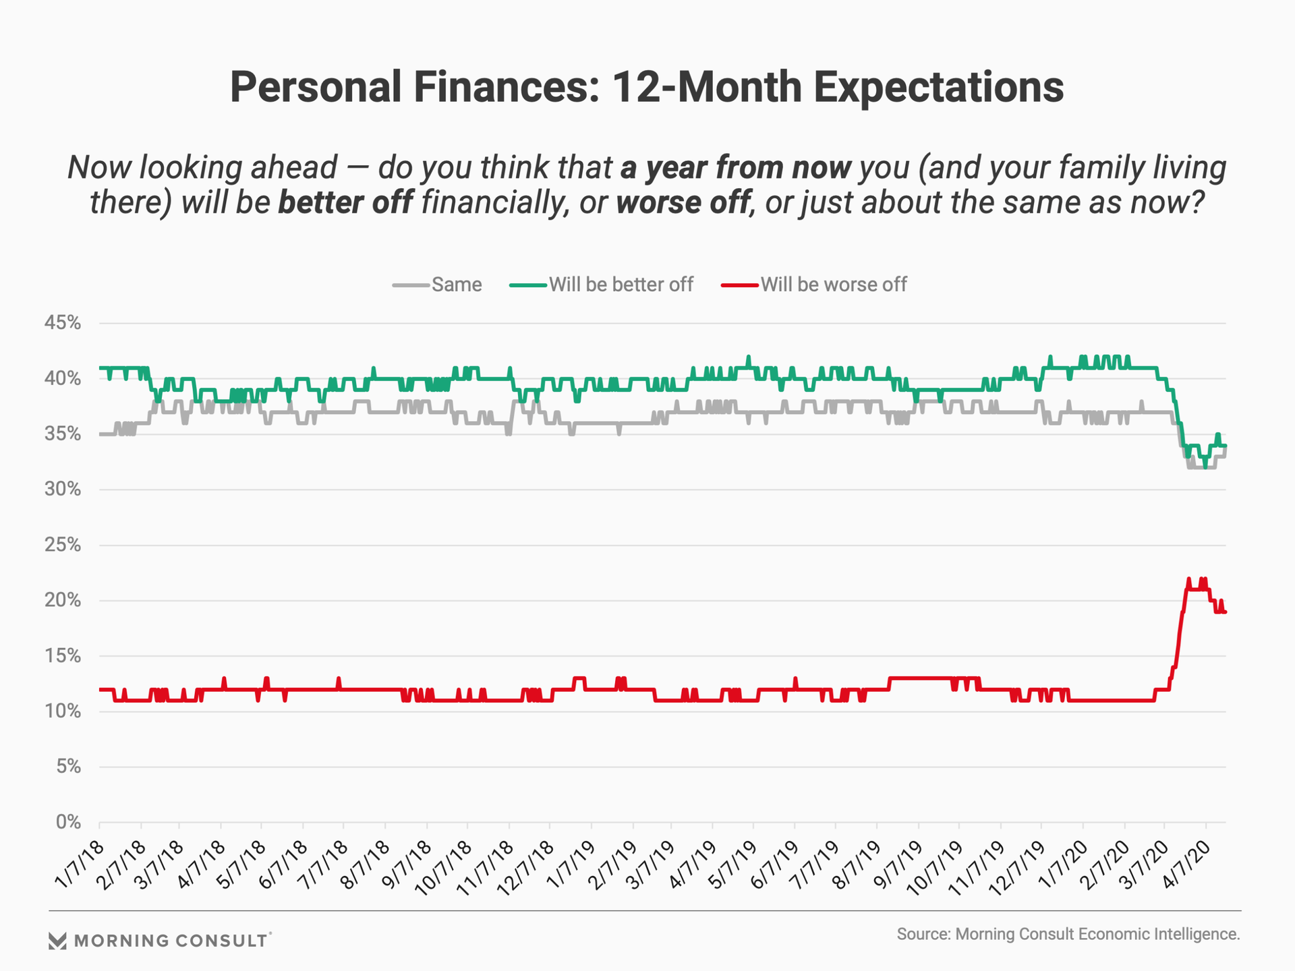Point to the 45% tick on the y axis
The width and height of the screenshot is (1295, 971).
(x=63, y=323)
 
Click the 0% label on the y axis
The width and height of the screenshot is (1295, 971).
(x=68, y=822)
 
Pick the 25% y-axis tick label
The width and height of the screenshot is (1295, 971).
(x=63, y=545)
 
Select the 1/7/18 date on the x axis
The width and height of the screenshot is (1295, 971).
(x=80, y=865)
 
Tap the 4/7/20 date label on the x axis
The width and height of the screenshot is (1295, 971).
(x=1186, y=865)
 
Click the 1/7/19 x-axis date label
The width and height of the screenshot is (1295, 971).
(x=572, y=865)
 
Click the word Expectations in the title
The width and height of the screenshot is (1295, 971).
(x=938, y=88)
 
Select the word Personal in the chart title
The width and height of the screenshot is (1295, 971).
(x=316, y=88)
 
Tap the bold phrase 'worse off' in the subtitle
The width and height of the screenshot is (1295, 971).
(x=683, y=202)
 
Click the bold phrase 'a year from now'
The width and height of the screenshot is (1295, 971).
(x=735, y=167)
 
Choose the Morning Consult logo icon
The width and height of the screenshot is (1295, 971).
(x=58, y=941)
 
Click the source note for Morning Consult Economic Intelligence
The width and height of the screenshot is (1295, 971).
(x=1068, y=934)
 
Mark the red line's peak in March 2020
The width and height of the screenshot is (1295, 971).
(x=1188, y=579)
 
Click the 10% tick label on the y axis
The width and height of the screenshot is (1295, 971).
(x=63, y=711)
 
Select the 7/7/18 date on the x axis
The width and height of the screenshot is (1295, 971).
(x=324, y=865)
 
